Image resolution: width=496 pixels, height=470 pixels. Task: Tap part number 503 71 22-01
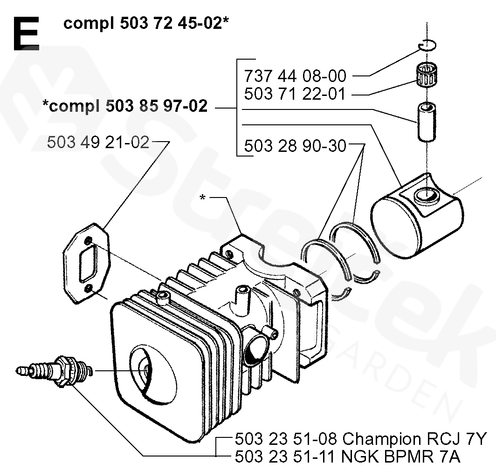[295, 94]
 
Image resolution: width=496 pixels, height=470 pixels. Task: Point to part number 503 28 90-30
[295, 146]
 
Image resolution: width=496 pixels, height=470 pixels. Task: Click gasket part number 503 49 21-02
[98, 142]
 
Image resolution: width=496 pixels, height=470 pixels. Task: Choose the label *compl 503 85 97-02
[124, 106]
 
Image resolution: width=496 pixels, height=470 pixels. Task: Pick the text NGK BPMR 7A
[400, 457]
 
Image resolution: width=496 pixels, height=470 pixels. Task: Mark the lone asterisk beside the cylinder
[202, 198]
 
